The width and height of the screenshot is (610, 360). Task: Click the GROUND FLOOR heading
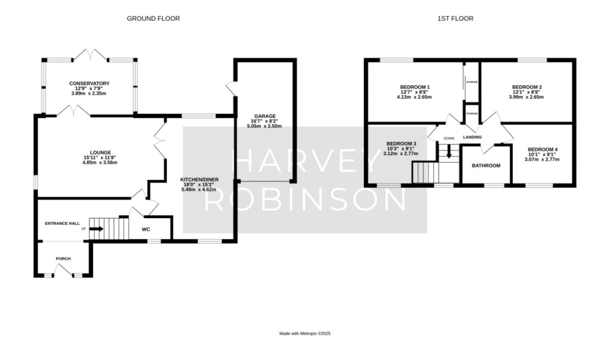[153, 19]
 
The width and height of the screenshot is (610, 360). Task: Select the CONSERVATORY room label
[89, 83]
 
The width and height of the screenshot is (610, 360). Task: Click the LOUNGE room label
[98, 152]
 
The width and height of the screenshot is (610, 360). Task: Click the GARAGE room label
[263, 116]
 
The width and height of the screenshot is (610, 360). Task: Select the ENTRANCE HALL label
[62, 223]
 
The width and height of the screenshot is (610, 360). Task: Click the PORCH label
[63, 259]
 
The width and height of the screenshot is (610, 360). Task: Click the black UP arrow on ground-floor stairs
[96, 228]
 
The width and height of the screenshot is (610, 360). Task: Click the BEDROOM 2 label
[527, 87]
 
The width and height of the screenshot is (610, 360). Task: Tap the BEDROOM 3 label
[401, 144]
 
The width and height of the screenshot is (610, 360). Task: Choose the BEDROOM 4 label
[541, 149]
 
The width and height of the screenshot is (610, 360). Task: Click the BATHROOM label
[486, 166]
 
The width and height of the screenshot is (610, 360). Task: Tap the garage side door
[230, 88]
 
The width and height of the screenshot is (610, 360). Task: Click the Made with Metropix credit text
[304, 334]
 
